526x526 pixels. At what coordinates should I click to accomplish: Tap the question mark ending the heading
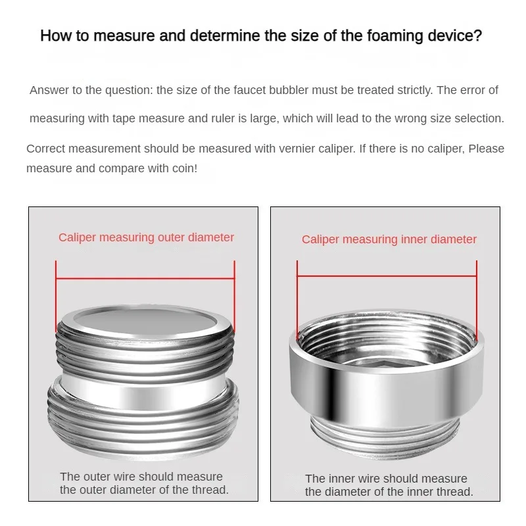(479, 36)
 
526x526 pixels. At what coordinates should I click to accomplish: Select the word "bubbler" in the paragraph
(289, 90)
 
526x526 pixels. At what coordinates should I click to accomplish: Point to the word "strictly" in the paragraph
(415, 91)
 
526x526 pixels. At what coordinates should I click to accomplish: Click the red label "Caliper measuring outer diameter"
(146, 237)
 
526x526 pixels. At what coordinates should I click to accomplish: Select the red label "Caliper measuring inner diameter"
(389, 239)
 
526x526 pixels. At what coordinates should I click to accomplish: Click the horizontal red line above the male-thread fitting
(145, 278)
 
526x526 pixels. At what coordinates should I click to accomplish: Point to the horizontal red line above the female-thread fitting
(387, 276)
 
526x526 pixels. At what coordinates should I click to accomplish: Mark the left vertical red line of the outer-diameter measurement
(56, 297)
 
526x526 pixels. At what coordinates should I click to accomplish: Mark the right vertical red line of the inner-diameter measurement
(477, 301)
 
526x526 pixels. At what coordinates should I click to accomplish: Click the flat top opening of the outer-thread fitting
(145, 320)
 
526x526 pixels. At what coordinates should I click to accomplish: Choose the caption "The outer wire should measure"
(141, 477)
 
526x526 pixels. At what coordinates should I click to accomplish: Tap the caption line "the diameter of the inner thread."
(389, 492)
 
